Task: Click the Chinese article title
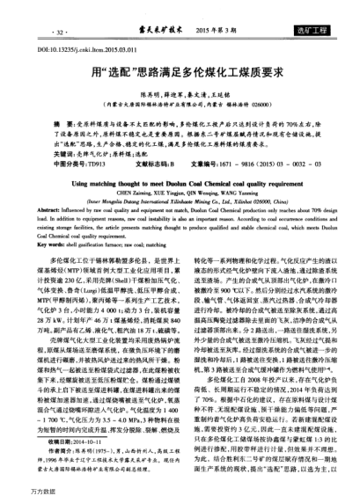click(180, 65)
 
